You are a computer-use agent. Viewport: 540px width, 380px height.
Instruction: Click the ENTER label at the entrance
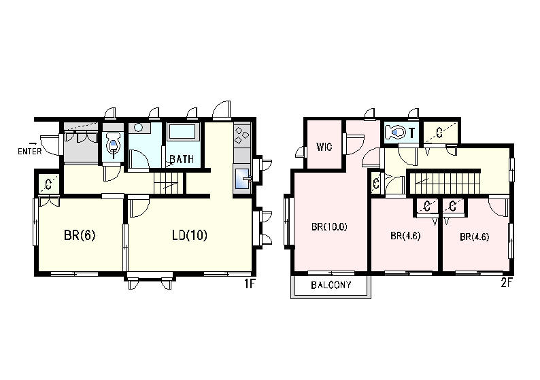tap(30, 151)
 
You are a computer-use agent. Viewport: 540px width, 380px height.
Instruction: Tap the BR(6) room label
tap(80, 235)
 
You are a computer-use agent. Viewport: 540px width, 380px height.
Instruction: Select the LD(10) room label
tap(190, 235)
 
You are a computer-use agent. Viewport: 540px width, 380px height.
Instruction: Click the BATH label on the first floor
tap(182, 159)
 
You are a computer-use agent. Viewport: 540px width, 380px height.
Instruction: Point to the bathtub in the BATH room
tap(182, 131)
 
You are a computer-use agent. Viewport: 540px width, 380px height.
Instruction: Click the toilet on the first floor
tap(113, 145)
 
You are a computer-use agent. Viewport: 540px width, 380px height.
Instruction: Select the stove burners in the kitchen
tap(241, 135)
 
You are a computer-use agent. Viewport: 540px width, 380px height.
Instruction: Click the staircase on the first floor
tap(168, 182)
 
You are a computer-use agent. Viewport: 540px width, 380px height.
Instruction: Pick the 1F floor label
tap(250, 284)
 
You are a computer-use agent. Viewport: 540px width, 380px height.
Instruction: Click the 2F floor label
tap(507, 283)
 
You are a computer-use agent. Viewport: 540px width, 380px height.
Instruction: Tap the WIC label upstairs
tap(324, 147)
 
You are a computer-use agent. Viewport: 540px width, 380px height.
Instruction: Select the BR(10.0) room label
tap(329, 227)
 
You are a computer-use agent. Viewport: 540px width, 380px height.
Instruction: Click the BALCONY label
tap(331, 285)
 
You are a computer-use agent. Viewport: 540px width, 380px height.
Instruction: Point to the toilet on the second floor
tap(395, 131)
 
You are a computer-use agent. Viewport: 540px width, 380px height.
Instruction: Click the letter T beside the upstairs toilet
tap(411, 132)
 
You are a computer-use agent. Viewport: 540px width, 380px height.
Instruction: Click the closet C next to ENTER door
tap(48, 185)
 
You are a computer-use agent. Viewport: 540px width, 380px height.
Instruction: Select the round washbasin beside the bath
tap(139, 128)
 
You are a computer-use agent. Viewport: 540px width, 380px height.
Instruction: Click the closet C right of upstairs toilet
tap(439, 132)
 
